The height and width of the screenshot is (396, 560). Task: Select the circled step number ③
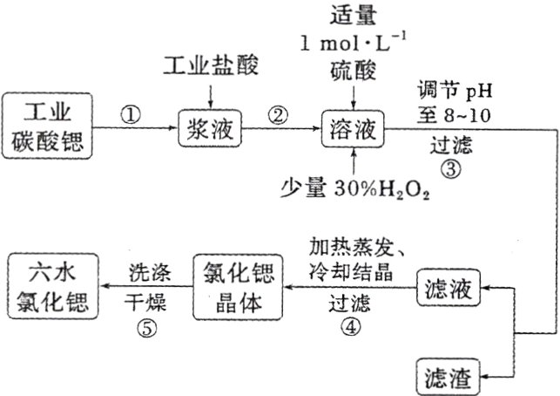click(450, 169)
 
